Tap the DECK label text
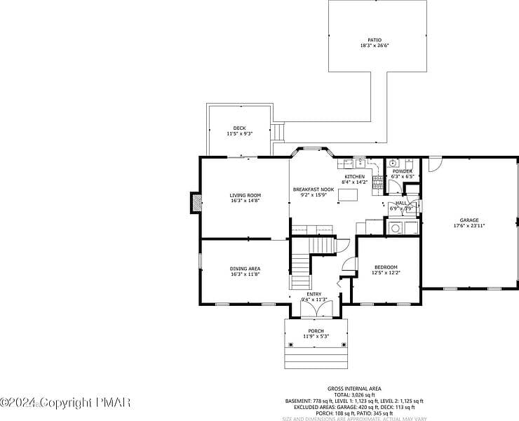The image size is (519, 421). pyautogui.click(x=239, y=128)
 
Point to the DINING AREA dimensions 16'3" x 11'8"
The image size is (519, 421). pyautogui.click(x=245, y=274)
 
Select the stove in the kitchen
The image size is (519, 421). pyautogui.click(x=377, y=182)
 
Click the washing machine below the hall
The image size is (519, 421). pyautogui.click(x=396, y=228)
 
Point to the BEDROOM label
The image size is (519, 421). pyautogui.click(x=386, y=267)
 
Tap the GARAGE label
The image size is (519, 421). pyautogui.click(x=469, y=220)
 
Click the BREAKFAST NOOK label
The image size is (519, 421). pyautogui.click(x=313, y=189)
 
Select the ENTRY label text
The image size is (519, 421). pyautogui.click(x=314, y=294)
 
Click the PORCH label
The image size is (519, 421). pyautogui.click(x=316, y=330)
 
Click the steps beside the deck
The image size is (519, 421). pyautogui.click(x=278, y=131)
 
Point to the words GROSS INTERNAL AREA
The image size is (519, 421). pyautogui.click(x=354, y=388)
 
